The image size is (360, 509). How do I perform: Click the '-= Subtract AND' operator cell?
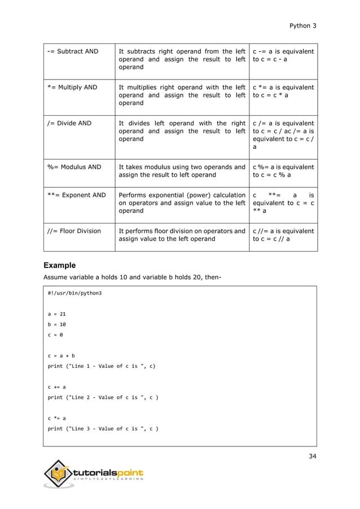pos(72,51)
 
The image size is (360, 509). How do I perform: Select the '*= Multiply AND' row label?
pos(72,87)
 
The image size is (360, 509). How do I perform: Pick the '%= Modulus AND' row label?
pos(74,167)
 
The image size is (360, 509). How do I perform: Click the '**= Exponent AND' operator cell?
pos(76,195)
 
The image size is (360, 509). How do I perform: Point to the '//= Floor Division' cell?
pos(74,231)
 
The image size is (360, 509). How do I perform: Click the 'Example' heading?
pos(60,265)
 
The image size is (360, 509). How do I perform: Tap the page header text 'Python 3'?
pos(302,25)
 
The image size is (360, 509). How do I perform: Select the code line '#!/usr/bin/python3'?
pos(75,294)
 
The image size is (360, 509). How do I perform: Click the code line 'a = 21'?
pos(57,314)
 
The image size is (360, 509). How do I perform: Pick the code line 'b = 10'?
pos(57,325)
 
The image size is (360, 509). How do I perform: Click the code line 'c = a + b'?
pos(61,356)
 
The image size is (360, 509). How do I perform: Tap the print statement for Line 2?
pos(103,397)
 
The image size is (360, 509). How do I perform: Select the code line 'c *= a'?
pos(57,418)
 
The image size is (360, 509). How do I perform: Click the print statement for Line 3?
pos(103,429)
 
